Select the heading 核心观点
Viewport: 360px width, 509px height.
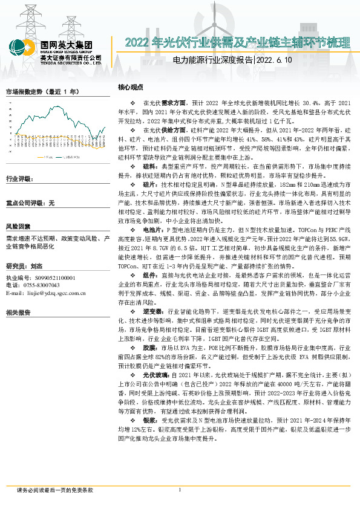pos(130,87)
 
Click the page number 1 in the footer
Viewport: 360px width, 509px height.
pos(180,490)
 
